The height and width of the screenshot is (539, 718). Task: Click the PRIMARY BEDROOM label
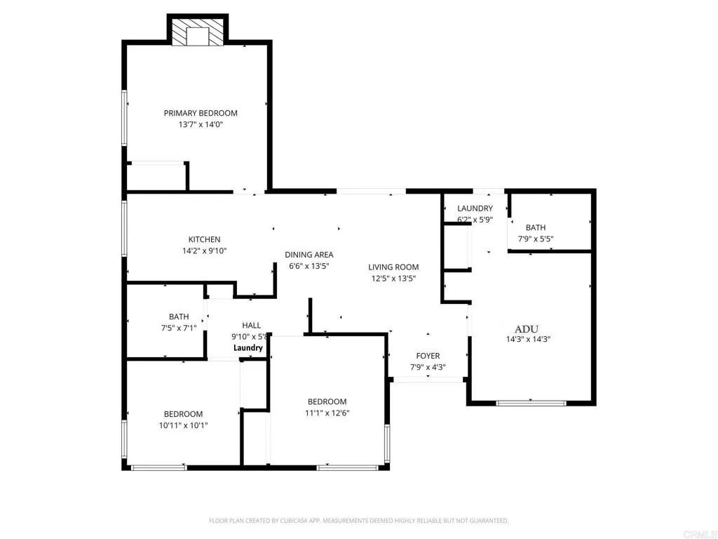point(201,113)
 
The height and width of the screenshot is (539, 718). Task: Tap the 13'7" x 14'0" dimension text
point(201,124)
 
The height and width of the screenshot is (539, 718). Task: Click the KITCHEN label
point(204,239)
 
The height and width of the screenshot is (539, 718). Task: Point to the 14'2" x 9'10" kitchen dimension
point(204,251)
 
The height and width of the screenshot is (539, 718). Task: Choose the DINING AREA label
point(309,255)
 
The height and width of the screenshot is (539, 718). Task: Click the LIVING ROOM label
point(394,267)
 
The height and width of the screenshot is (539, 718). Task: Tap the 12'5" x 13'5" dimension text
point(394,278)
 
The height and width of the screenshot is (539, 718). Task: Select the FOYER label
point(428,356)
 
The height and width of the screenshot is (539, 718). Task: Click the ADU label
point(527,328)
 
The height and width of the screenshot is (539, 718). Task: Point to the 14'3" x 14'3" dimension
point(527,339)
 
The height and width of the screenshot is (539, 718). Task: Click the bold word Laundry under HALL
point(248,348)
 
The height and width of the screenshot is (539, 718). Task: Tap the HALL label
point(252,326)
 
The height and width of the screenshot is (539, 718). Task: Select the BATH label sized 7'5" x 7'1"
point(179,317)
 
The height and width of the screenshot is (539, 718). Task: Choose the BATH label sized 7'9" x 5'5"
point(536,227)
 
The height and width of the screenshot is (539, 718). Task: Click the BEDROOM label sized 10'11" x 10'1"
point(184,414)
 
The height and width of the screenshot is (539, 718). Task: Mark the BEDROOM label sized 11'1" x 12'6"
point(327,401)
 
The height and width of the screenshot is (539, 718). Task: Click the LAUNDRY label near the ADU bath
point(475,208)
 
